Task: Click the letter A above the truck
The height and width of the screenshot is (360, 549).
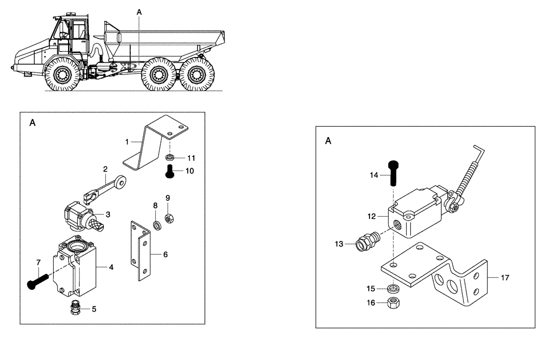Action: point(138,12)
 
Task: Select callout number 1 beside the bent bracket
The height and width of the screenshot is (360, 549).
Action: point(126,142)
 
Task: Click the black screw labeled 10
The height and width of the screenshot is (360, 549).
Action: point(169,172)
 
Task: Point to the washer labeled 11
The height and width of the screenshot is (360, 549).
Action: point(170,158)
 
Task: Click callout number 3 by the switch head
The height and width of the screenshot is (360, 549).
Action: point(109,214)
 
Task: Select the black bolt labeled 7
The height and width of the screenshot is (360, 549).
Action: point(34,283)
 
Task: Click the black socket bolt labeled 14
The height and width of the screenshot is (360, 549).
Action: point(394,173)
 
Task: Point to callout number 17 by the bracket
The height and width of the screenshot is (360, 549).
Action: point(505,278)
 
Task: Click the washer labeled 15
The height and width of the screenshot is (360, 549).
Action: point(393,288)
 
